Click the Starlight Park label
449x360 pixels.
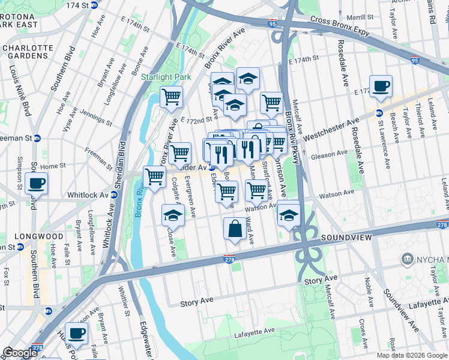point(166,77)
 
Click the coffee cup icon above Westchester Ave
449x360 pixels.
point(381,86)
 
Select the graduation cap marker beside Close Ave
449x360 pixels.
point(173,215)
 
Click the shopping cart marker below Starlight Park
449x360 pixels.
point(172,97)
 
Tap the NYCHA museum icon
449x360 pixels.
point(408,259)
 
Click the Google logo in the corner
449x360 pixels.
point(19,353)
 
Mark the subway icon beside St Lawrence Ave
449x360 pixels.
point(379,113)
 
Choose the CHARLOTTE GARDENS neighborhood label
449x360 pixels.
point(26,52)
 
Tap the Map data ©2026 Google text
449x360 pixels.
point(412,355)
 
